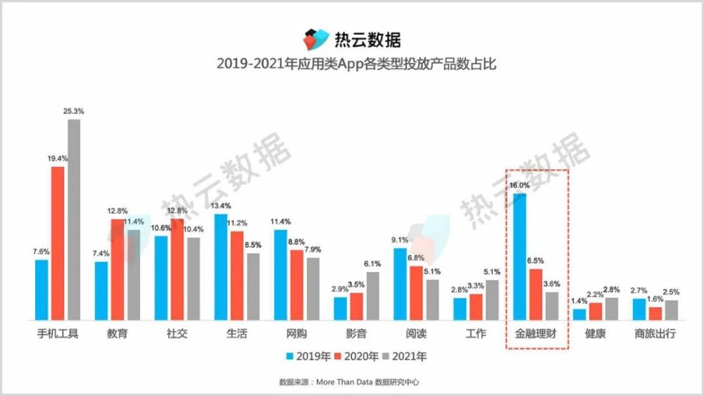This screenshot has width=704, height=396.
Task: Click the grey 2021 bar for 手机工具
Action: pos(74,219)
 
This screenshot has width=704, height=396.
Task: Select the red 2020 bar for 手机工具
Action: pos(58,243)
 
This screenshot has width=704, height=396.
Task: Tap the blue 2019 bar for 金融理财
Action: pos(520,256)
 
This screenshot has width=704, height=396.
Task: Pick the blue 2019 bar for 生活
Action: pos(221,267)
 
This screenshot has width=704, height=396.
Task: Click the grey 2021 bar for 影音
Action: pos(372,295)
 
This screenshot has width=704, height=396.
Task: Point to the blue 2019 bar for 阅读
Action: pos(400,283)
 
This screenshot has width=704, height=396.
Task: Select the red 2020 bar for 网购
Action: pos(297,284)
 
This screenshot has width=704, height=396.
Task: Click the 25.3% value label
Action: pos(74,111)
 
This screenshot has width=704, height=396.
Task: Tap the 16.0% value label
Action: pos(520,185)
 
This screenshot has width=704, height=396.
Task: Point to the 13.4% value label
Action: pos(221,206)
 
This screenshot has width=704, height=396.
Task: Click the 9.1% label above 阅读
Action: pos(400,240)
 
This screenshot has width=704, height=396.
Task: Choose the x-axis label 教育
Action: pos(118,333)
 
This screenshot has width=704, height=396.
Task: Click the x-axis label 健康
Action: pos(595,333)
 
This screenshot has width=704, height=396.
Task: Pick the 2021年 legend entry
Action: pos(409,357)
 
